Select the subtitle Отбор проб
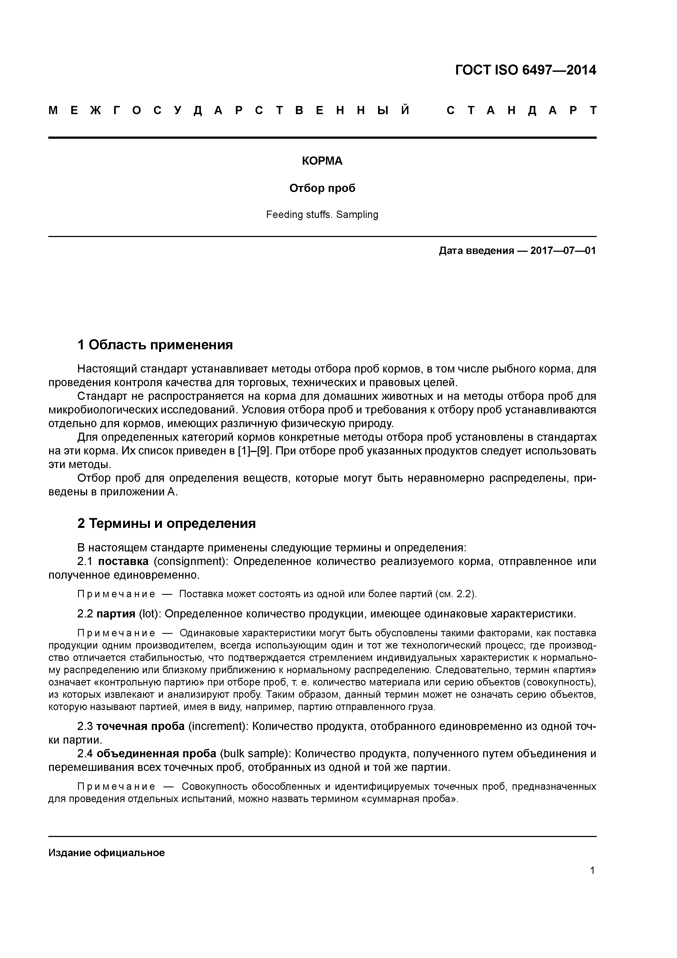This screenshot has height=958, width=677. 322,189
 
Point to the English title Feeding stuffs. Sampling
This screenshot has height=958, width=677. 322,215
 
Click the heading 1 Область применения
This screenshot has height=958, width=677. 155,345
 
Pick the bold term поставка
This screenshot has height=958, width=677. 123,562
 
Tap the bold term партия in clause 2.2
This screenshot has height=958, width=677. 116,614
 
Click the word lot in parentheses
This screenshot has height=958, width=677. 148,614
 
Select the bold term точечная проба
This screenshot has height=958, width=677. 141,726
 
